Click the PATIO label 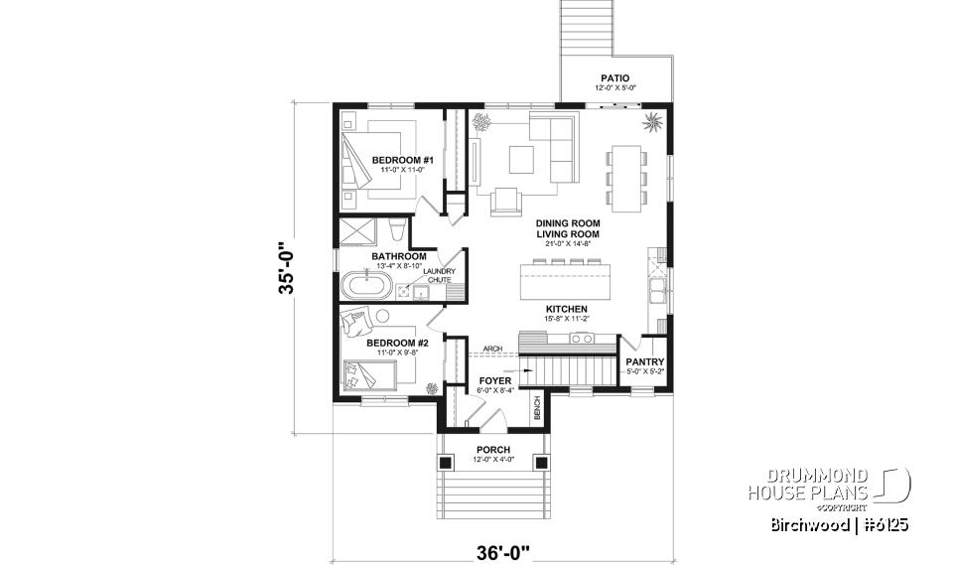coord(615,77)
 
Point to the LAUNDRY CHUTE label coord(438,276)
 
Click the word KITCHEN coord(566,310)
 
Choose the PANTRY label coord(645,362)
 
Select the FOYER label coord(494,380)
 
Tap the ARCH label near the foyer coord(491,349)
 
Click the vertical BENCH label coord(536,406)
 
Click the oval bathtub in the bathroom coord(366,286)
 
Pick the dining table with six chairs coord(626,178)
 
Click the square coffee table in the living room coord(522,159)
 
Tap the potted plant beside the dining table coord(652,123)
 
